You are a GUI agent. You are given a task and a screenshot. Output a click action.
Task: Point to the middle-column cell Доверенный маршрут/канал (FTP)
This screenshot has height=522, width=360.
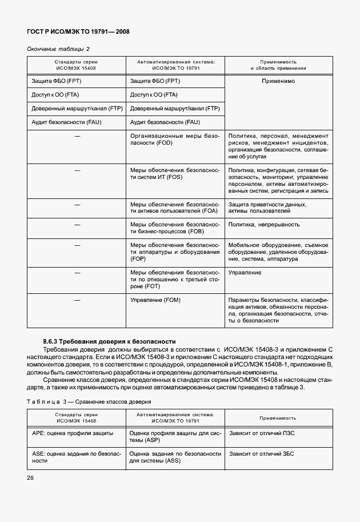174,109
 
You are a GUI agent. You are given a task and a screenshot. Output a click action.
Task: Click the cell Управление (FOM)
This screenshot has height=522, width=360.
155,300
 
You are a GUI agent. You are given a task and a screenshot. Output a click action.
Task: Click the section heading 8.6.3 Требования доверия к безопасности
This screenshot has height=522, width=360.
105,341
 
